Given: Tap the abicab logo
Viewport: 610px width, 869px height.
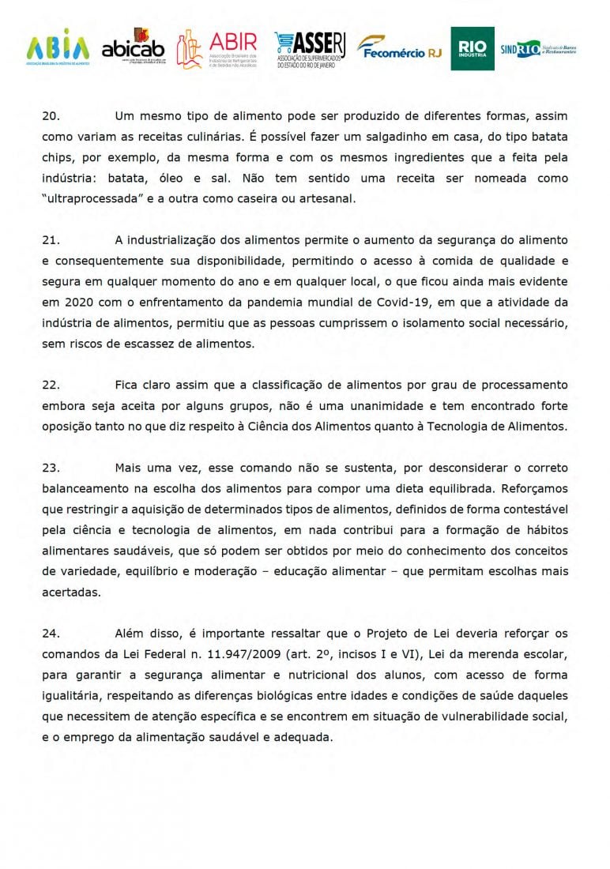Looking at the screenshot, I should (134, 49).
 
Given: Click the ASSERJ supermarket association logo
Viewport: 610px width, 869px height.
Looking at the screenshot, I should (310, 50).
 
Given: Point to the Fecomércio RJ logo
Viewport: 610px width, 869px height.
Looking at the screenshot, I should (400, 49).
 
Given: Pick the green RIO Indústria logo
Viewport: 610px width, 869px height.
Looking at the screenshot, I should (473, 48).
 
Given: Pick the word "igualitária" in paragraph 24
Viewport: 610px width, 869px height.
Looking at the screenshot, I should (73, 695).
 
